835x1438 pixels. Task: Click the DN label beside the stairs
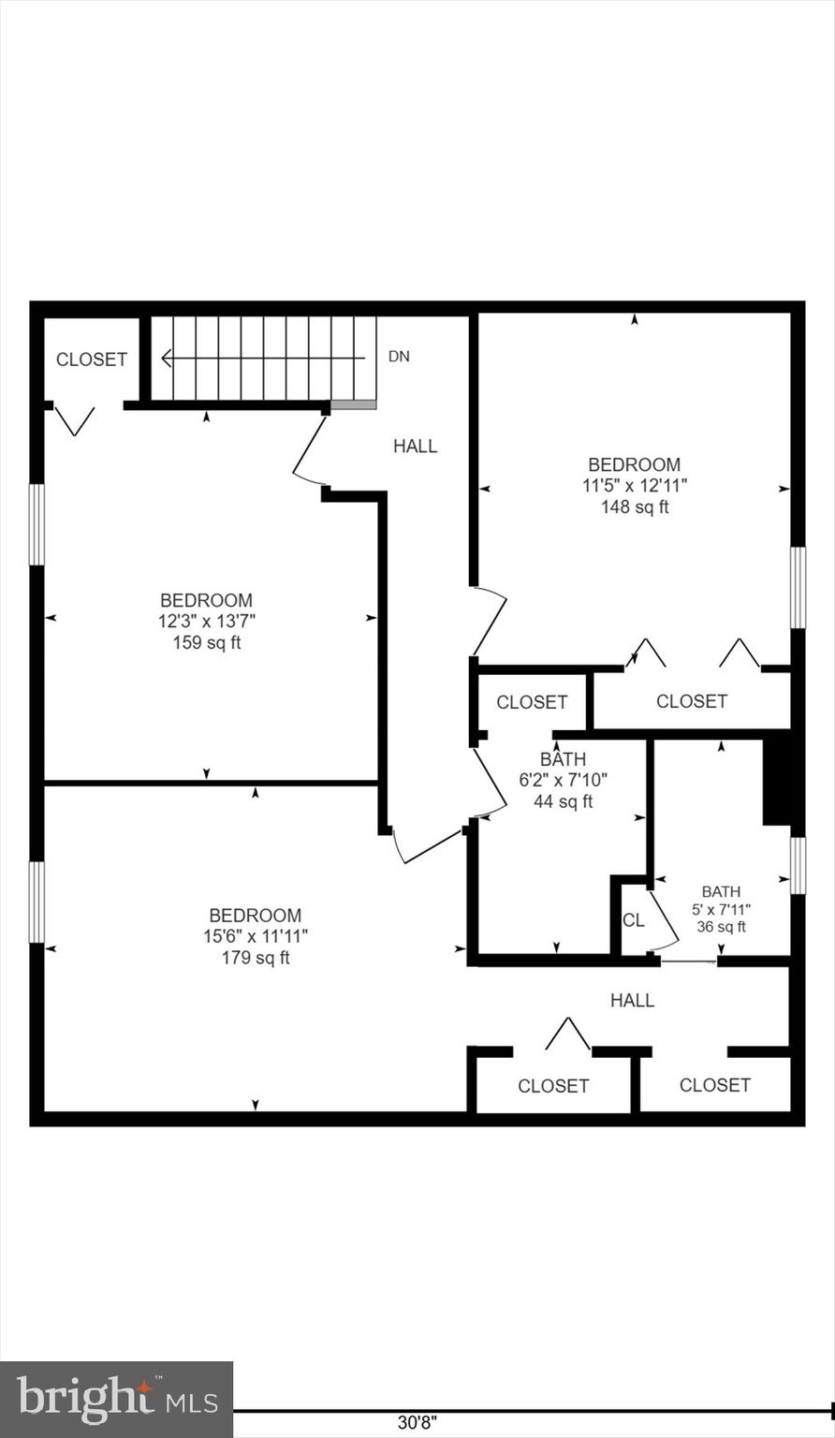tap(399, 357)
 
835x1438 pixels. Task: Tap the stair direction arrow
tap(262, 358)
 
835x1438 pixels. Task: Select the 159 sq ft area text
tap(206, 642)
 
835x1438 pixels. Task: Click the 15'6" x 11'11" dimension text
tap(255, 936)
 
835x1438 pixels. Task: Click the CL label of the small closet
tap(634, 920)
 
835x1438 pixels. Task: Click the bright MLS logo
tap(116, 1400)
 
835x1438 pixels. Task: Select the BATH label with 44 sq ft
tap(563, 759)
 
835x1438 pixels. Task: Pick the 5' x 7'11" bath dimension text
tap(721, 909)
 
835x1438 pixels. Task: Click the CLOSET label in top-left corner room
tap(92, 359)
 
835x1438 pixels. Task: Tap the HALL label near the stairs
tap(415, 447)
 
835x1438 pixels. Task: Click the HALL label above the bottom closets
tap(632, 1001)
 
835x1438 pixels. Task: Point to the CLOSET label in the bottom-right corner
tap(714, 1085)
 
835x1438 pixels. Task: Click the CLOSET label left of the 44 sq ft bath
tap(532, 702)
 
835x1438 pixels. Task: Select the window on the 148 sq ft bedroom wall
tap(798, 587)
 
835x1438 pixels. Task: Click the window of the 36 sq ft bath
tap(798, 865)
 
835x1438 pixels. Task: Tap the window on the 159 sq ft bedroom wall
tap(37, 524)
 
